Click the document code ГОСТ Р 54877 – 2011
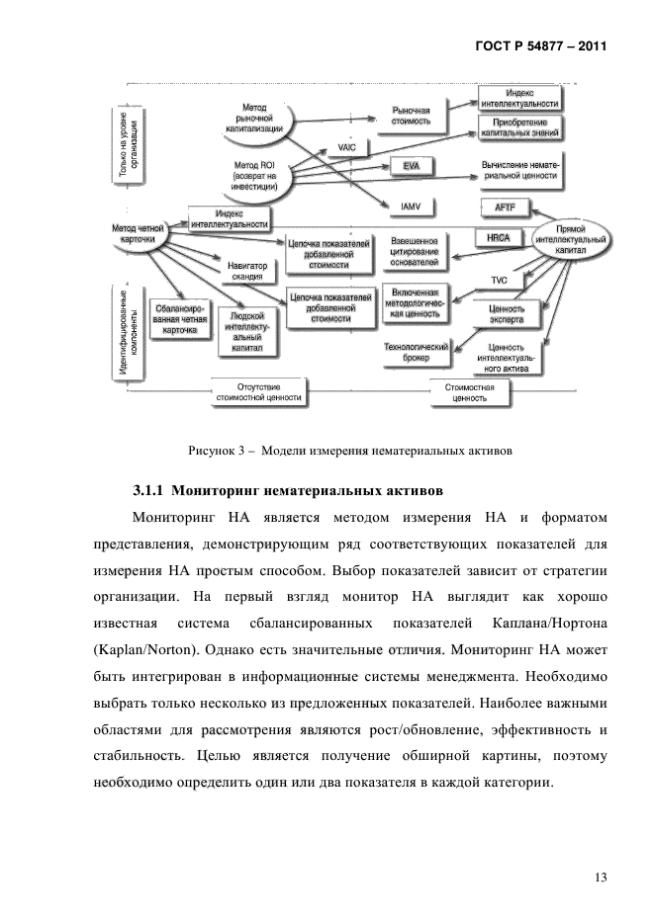(543, 45)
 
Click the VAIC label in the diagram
(346, 147)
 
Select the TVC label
(500, 281)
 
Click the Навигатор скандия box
(246, 272)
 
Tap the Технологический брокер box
(417, 354)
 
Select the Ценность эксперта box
(507, 314)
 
